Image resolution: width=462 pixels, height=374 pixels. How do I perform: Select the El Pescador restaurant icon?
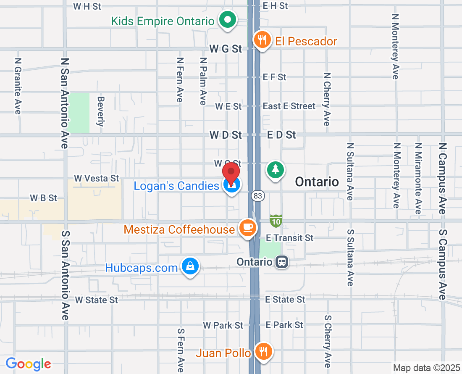click(x=262, y=40)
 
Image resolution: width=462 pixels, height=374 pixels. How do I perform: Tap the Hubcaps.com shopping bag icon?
click(x=190, y=266)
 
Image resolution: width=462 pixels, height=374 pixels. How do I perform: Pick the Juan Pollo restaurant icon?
click(x=263, y=351)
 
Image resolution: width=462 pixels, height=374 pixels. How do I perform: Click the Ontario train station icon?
click(x=281, y=262)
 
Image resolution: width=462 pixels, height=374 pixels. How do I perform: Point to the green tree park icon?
click(x=275, y=170)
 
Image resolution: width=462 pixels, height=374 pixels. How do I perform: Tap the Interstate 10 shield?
click(x=276, y=220)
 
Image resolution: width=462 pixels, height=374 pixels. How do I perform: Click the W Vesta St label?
click(x=97, y=179)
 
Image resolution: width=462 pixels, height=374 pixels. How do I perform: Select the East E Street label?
click(x=289, y=106)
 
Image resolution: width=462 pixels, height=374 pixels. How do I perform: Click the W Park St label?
click(x=223, y=325)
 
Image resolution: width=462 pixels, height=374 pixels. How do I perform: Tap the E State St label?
click(x=285, y=300)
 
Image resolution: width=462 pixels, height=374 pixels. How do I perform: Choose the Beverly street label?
click(x=100, y=111)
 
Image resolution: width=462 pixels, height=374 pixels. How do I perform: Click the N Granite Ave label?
click(x=18, y=86)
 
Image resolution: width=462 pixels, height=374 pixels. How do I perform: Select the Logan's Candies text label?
click(x=176, y=185)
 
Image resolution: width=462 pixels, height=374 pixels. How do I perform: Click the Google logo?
click(x=29, y=363)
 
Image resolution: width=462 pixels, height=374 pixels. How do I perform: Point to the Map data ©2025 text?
click(x=426, y=368)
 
